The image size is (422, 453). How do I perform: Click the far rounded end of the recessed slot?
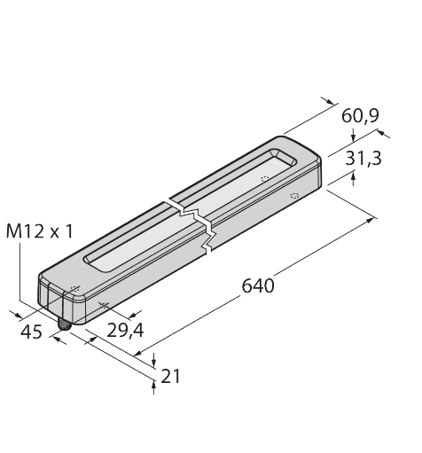pyautogui.click(x=286, y=158)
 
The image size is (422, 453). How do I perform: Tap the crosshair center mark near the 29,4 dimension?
pyautogui.click(x=104, y=306)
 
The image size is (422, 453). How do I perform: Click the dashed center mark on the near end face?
pyautogui.click(x=74, y=290)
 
